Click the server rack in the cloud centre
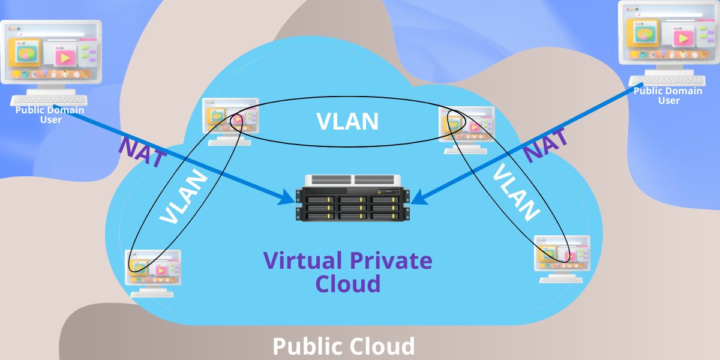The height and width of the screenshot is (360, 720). [x=353, y=198]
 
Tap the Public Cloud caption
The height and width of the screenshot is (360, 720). [x=344, y=347]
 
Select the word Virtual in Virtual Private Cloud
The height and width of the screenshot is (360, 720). [x=299, y=260]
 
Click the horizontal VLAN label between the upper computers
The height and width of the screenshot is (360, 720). [x=348, y=122]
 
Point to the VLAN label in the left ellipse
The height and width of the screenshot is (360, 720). [x=184, y=199]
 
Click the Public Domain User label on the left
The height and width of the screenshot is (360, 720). [x=50, y=114]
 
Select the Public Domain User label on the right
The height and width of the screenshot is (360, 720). [x=668, y=95]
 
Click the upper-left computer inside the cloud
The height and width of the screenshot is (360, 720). [x=230, y=120]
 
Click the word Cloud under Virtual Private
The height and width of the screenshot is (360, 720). [x=348, y=283]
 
